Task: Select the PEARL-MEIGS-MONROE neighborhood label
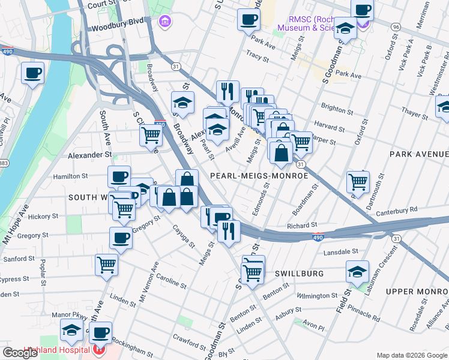click(x=259, y=176)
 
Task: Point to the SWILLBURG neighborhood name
click(x=299, y=273)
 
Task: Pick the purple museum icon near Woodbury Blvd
click(x=164, y=22)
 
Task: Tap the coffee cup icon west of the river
click(x=34, y=73)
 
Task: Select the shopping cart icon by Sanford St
click(x=106, y=264)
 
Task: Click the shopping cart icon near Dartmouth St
click(x=358, y=181)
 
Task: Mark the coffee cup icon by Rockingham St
click(x=101, y=332)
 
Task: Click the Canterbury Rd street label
click(x=396, y=211)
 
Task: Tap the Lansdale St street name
click(x=340, y=251)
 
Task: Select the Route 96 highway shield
click(x=395, y=28)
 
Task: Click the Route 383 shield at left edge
click(x=4, y=164)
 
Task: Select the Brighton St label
click(x=337, y=110)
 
